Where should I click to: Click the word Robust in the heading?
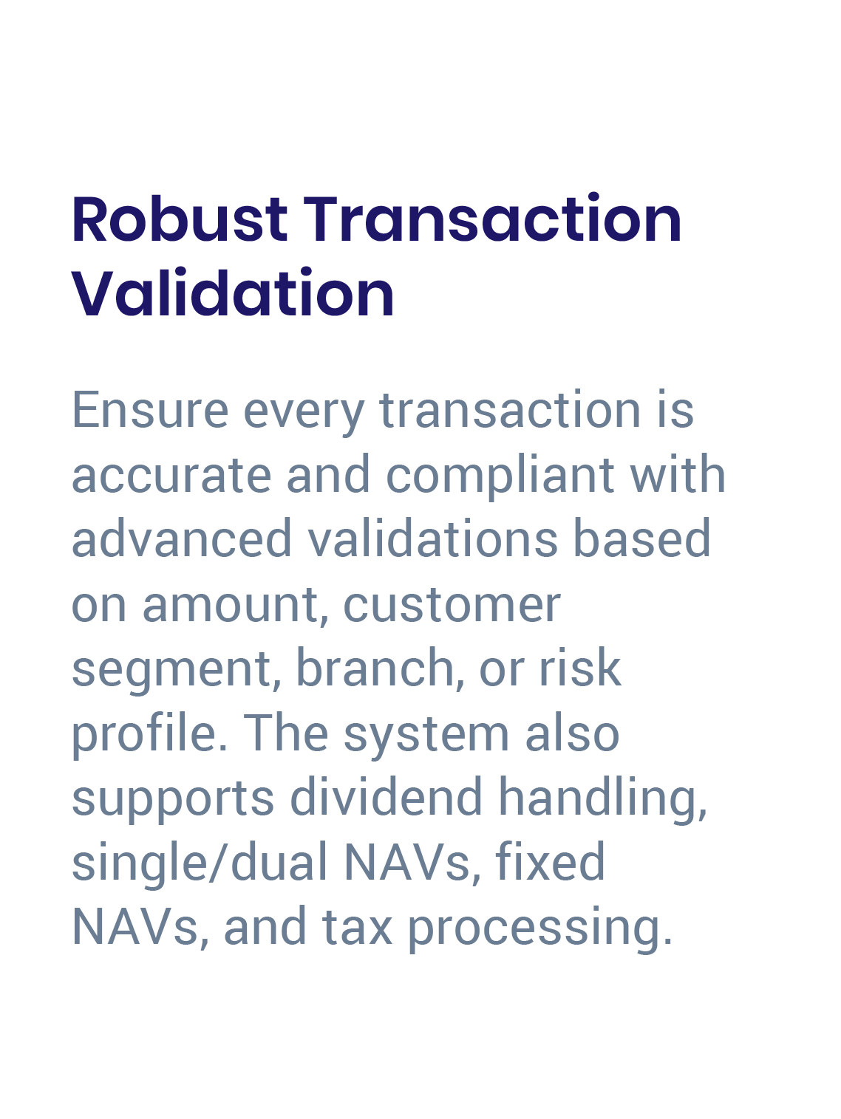pyautogui.click(x=180, y=219)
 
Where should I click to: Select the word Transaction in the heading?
pyautogui.click(x=493, y=219)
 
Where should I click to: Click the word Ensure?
pyautogui.click(x=150, y=410)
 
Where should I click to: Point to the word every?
pyautogui.click(x=304, y=414)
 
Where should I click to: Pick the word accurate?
pyautogui.click(x=171, y=475)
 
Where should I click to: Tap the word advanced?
pyautogui.click(x=182, y=538)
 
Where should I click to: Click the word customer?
pyautogui.click(x=452, y=605)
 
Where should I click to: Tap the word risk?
pyautogui.click(x=580, y=667)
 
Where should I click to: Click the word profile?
pyautogui.click(x=149, y=735)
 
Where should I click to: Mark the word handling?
pyautogui.click(x=602, y=800)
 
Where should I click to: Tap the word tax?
pyautogui.click(x=357, y=927)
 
